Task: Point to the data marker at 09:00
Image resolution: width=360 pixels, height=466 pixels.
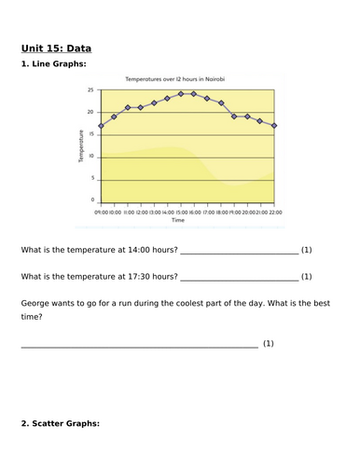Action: (100, 126)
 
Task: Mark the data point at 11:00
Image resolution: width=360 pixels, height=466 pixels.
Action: (127, 107)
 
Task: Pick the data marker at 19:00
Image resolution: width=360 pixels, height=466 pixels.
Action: (234, 116)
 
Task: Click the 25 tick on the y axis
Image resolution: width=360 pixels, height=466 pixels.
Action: (90, 90)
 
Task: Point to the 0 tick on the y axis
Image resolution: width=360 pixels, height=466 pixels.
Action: (91, 199)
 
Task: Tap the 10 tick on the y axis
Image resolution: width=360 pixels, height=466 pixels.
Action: (90, 156)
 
